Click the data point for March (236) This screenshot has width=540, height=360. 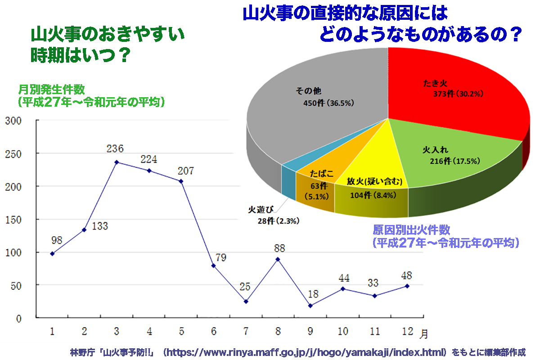click(117, 162)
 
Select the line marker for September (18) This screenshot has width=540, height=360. click(310, 306)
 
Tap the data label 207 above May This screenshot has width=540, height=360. click(185, 171)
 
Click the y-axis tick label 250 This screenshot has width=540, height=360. click(13, 153)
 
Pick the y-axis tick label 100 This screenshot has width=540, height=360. click(13, 252)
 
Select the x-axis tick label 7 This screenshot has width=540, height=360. click(246, 332)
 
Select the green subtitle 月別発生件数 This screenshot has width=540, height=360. click(51, 89)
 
